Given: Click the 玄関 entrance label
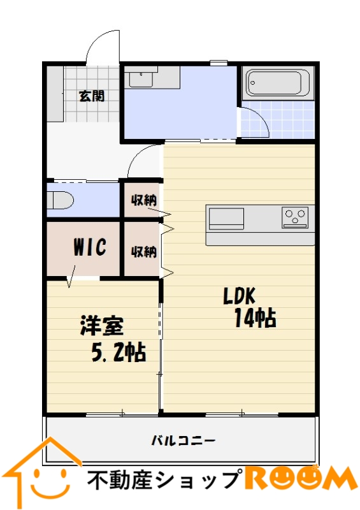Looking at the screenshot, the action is pos(92,96).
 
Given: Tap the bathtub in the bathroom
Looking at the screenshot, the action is pos(278,83).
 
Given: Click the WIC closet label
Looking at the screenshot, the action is pos(90,247).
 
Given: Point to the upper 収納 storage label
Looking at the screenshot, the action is pos(144,200).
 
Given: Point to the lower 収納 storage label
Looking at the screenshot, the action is pos(144,251).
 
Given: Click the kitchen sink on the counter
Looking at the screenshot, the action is pos(226,219).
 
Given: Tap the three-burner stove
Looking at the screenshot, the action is pos(295,217).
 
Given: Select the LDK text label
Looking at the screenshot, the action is pos(240,296).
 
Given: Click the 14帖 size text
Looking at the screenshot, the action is pos(256,318).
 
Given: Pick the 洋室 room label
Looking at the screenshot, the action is pos(102,326).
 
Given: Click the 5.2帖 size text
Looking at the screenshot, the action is pos(119,353).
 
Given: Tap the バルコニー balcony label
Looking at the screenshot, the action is pos(184,441).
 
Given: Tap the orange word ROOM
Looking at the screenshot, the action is pos(301,477).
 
